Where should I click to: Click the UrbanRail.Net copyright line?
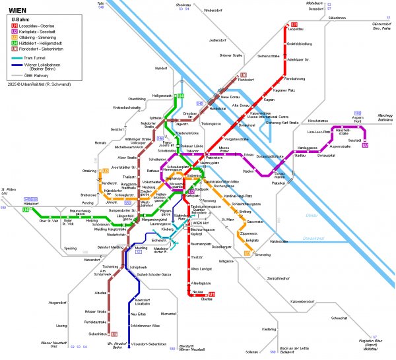39,84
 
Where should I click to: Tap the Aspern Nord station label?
358,120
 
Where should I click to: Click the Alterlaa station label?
100,291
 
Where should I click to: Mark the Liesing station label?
61,325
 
